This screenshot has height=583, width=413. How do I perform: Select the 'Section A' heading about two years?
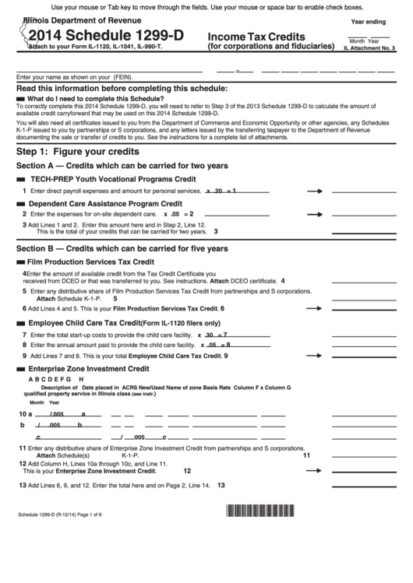(122, 166)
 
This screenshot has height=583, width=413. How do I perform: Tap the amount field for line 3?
(364, 230)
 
